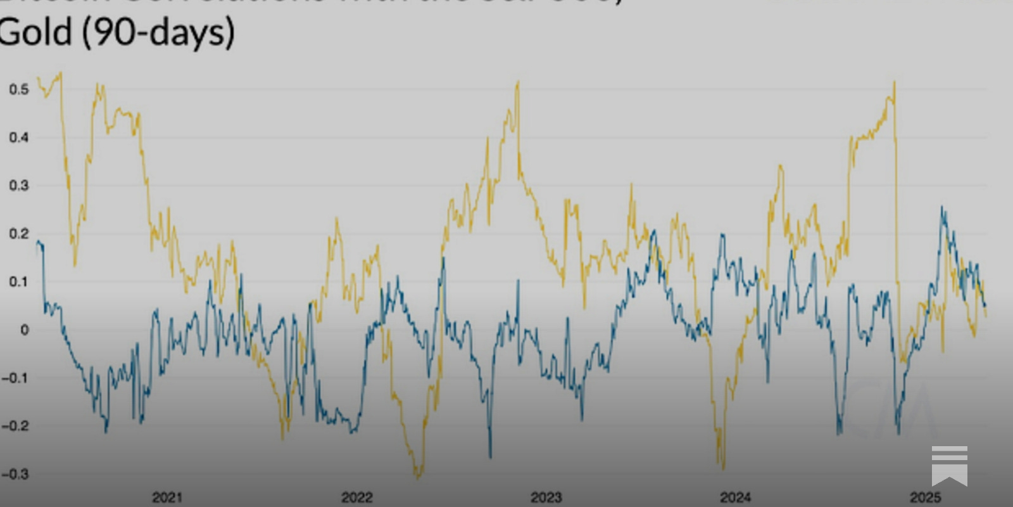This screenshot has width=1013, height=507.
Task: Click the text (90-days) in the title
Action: coord(158,33)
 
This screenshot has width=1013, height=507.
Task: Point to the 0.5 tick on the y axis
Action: coord(19,89)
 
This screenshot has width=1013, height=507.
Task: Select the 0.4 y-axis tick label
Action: coord(19,138)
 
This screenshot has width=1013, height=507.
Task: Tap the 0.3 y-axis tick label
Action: coord(19,186)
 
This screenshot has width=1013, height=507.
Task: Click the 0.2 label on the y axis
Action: coord(19,234)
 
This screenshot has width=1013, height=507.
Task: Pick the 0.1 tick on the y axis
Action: coord(19,282)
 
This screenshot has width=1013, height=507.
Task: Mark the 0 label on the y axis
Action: coord(24,330)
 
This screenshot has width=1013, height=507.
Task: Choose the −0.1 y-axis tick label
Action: coord(15,378)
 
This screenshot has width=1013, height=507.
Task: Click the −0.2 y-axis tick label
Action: coord(15,426)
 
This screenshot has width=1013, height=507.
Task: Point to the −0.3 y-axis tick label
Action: coord(15,474)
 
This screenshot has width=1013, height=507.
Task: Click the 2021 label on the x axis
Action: coord(167,497)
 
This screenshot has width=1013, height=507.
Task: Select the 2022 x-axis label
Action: coord(357,497)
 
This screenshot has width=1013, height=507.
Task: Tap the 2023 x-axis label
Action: coord(546,497)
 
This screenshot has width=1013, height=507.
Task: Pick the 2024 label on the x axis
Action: coord(735,497)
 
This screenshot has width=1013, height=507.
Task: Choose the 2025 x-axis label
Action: coord(925,497)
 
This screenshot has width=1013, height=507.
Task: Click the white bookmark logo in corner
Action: coord(949,465)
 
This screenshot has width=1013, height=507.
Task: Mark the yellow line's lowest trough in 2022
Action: coord(418,477)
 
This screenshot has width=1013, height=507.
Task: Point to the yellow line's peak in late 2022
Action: coord(518,82)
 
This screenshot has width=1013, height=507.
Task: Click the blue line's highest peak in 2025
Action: coord(942,207)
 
